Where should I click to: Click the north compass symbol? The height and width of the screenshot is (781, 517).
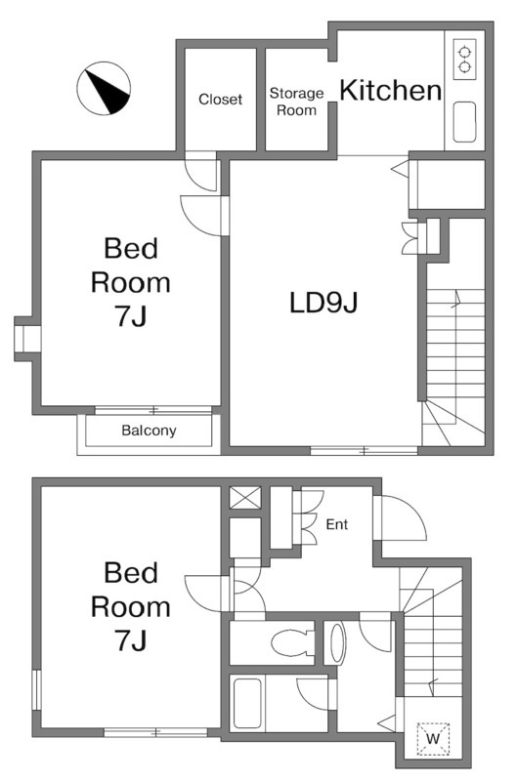104,88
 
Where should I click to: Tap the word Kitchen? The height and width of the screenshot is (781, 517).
390,90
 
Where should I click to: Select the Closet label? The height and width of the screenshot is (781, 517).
220,100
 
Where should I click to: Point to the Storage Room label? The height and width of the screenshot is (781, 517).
297,102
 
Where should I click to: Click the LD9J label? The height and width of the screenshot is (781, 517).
323,303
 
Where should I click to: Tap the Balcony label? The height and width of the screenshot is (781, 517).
149,431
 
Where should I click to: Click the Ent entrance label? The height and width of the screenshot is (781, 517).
336,524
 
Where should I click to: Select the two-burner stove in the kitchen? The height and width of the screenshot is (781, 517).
464,59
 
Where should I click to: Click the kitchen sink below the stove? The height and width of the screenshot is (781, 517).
464,122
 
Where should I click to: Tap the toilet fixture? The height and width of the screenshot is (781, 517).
291,642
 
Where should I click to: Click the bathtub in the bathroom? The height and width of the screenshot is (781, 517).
247,703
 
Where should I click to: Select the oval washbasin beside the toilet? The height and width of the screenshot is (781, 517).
337,642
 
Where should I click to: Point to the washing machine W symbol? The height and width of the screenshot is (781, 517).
433,738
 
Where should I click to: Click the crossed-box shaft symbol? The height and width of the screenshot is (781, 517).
244,498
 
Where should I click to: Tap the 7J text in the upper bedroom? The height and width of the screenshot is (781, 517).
131,315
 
